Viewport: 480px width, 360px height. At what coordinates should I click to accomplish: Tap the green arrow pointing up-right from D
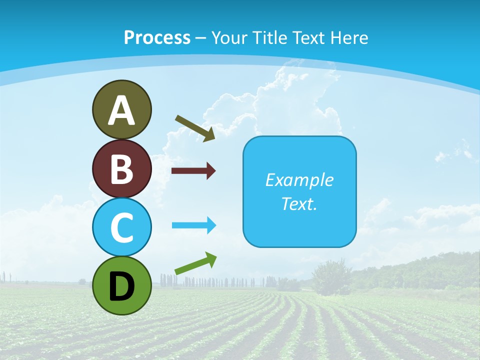(195, 263)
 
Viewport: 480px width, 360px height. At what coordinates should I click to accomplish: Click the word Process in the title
(157, 37)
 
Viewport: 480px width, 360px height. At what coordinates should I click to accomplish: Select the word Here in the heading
(349, 37)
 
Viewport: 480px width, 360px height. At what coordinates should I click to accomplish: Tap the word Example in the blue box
(299, 180)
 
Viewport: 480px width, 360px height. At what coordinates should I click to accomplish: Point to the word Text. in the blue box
(299, 203)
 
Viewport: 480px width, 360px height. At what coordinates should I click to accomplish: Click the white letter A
(121, 110)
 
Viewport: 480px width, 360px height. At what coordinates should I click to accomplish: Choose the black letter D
(121, 286)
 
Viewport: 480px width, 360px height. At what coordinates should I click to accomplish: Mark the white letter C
(121, 227)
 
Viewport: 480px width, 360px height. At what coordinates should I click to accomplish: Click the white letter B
(121, 169)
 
